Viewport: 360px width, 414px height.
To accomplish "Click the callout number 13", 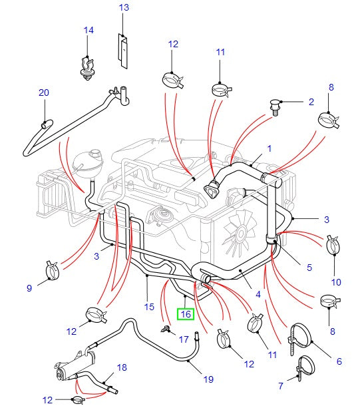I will [124, 8].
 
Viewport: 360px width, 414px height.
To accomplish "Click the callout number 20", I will [44, 93].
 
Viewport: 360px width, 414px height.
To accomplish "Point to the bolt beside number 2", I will [273, 105].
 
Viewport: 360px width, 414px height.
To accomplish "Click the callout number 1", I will [270, 148].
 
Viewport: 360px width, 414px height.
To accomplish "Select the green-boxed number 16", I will [186, 313].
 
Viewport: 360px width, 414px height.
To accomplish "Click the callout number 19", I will [208, 379].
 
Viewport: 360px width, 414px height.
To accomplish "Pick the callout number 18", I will [121, 367].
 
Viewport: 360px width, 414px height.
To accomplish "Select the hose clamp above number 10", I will [334, 247].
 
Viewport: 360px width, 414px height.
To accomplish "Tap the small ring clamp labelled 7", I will [307, 365].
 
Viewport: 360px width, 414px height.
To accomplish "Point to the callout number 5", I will [309, 268].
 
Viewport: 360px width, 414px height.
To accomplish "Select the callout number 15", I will [148, 307].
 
